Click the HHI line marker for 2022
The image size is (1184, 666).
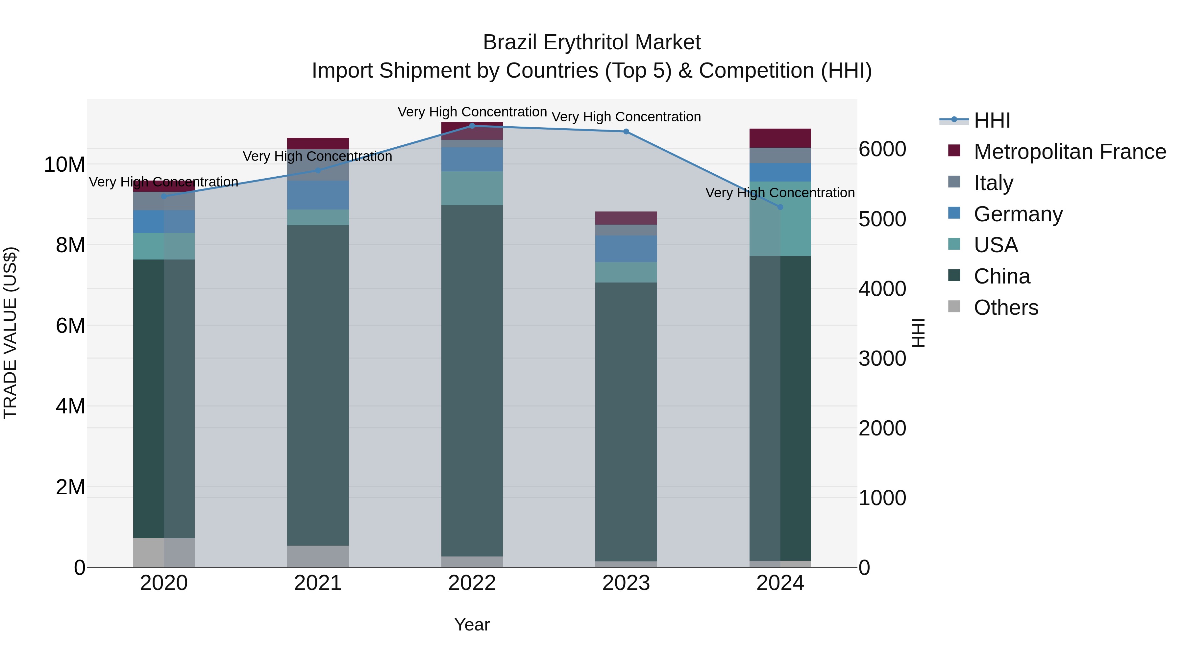[x=472, y=126]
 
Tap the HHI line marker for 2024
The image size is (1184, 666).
[x=780, y=207]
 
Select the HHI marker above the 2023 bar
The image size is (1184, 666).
[x=626, y=132]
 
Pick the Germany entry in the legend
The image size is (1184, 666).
[x=1018, y=214]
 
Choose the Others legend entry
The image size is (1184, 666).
[x=1006, y=308]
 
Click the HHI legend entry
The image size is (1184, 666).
[x=992, y=120]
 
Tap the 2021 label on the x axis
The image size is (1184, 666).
[x=318, y=583]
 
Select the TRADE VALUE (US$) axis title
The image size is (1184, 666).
[x=10, y=333]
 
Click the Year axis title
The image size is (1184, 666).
[x=472, y=625]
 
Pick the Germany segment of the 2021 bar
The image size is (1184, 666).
[x=318, y=195]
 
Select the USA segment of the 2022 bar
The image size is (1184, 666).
[x=472, y=188]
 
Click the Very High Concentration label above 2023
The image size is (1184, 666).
[x=626, y=117]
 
